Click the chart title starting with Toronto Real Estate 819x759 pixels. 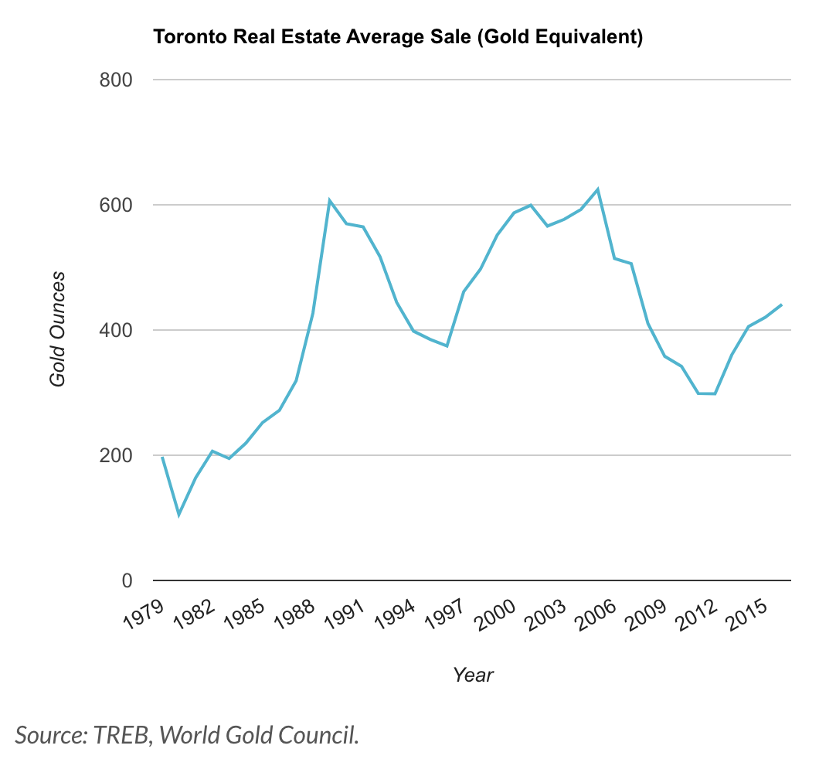tap(398, 37)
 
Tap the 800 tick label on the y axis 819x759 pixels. tap(116, 80)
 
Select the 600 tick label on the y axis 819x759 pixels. tap(116, 206)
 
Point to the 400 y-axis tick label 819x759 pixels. tap(116, 331)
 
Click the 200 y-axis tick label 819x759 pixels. tap(116, 456)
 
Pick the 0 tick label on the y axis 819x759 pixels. tap(127, 581)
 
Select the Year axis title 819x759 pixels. tap(473, 675)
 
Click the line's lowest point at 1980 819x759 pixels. tap(179, 515)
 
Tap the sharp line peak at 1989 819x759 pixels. tap(329, 201)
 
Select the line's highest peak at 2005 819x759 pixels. tap(598, 189)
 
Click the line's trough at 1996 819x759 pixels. tap(447, 345)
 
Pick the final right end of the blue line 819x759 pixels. tap(782, 305)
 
